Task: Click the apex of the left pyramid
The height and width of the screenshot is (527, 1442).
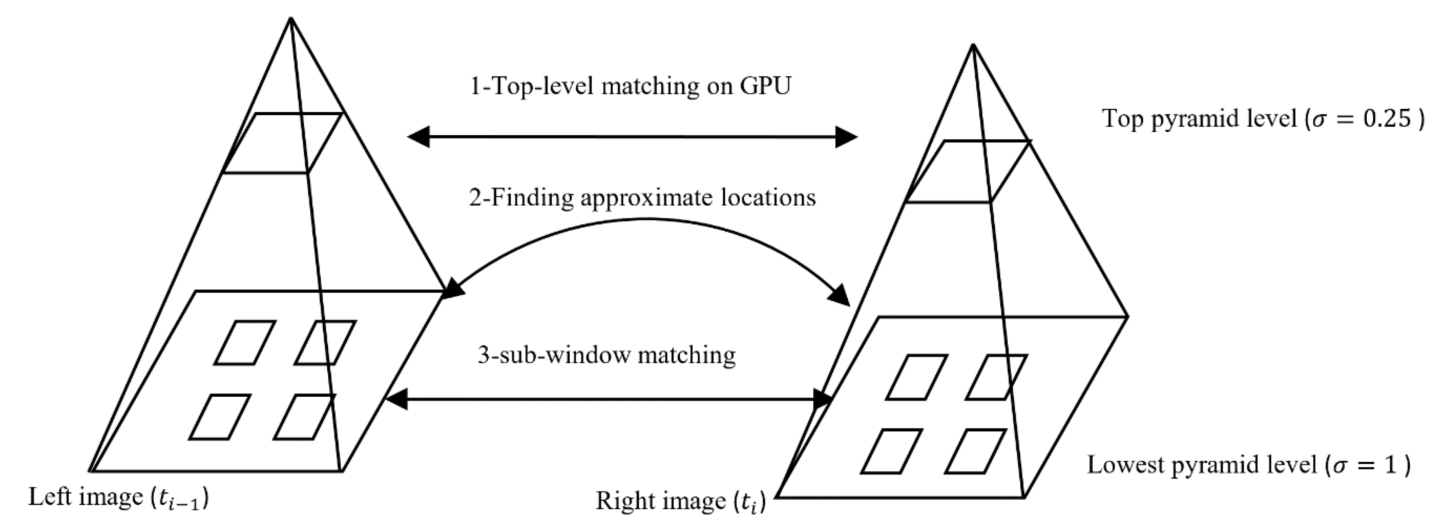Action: [x=291, y=18]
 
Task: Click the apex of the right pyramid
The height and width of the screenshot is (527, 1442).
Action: [x=973, y=45]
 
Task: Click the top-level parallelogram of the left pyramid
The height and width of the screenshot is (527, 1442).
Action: [x=282, y=143]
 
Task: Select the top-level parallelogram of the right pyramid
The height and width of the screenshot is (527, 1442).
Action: [x=967, y=171]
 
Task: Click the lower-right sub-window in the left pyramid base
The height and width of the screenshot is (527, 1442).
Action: [x=305, y=417]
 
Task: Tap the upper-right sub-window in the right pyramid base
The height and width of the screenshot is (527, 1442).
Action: [x=996, y=377]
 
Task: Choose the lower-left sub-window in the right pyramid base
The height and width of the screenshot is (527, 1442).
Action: [x=891, y=451]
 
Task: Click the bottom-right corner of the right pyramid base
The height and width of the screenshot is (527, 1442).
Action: [x=1024, y=497]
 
